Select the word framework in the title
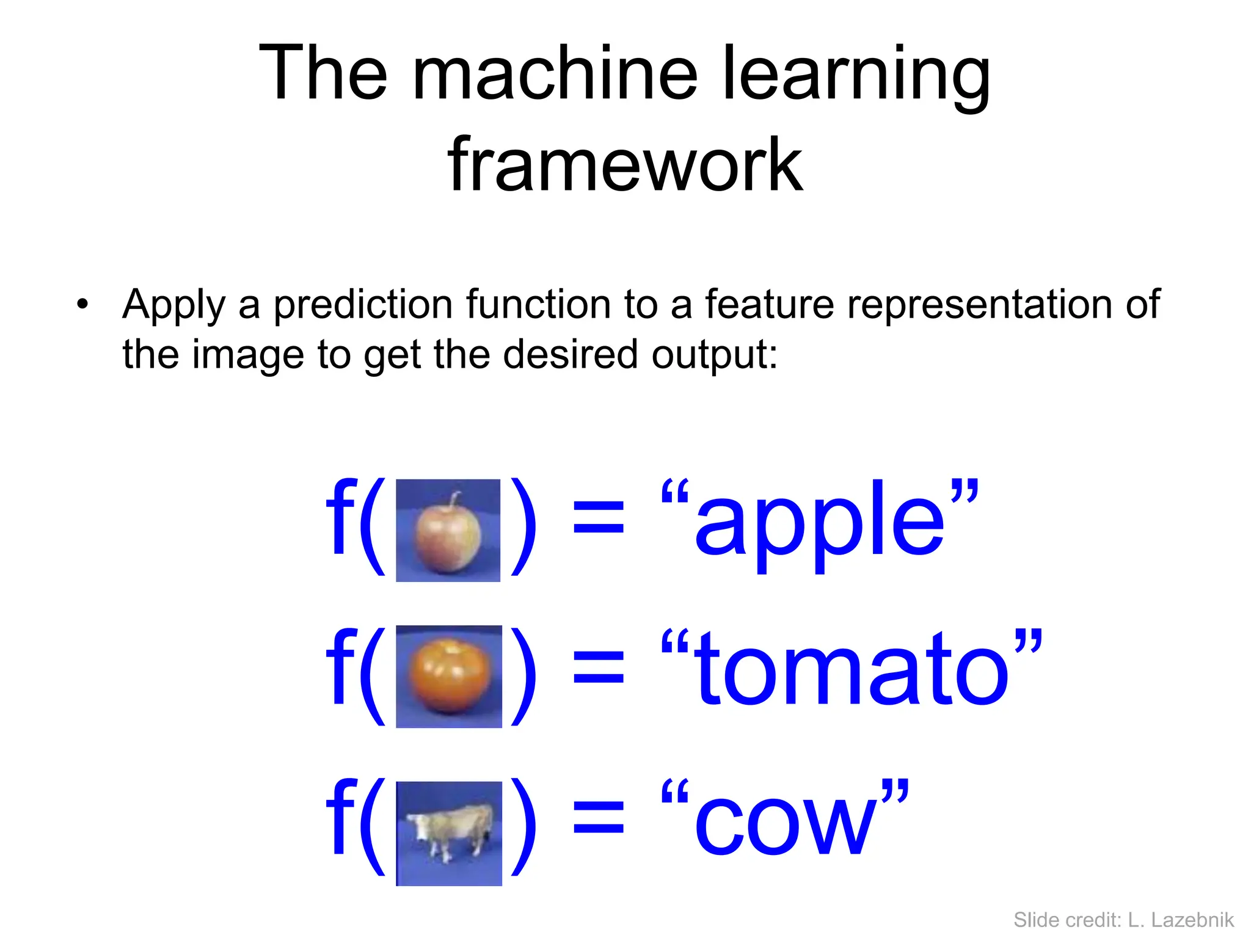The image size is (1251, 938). point(624,165)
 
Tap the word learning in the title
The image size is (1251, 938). point(855,75)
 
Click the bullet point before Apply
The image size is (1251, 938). point(82,304)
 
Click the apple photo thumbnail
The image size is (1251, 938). point(448,530)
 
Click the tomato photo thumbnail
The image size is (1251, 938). point(449,677)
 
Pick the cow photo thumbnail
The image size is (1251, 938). point(449,834)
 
